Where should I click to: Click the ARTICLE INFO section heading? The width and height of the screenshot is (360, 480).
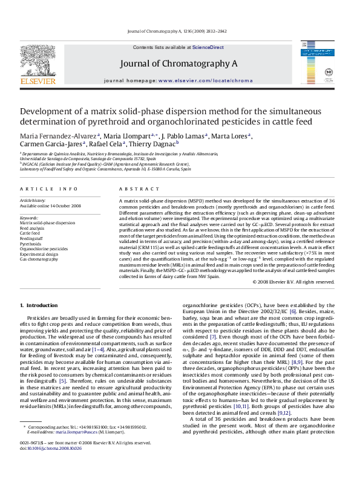41,189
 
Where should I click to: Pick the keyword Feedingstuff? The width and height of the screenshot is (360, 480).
33,238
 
